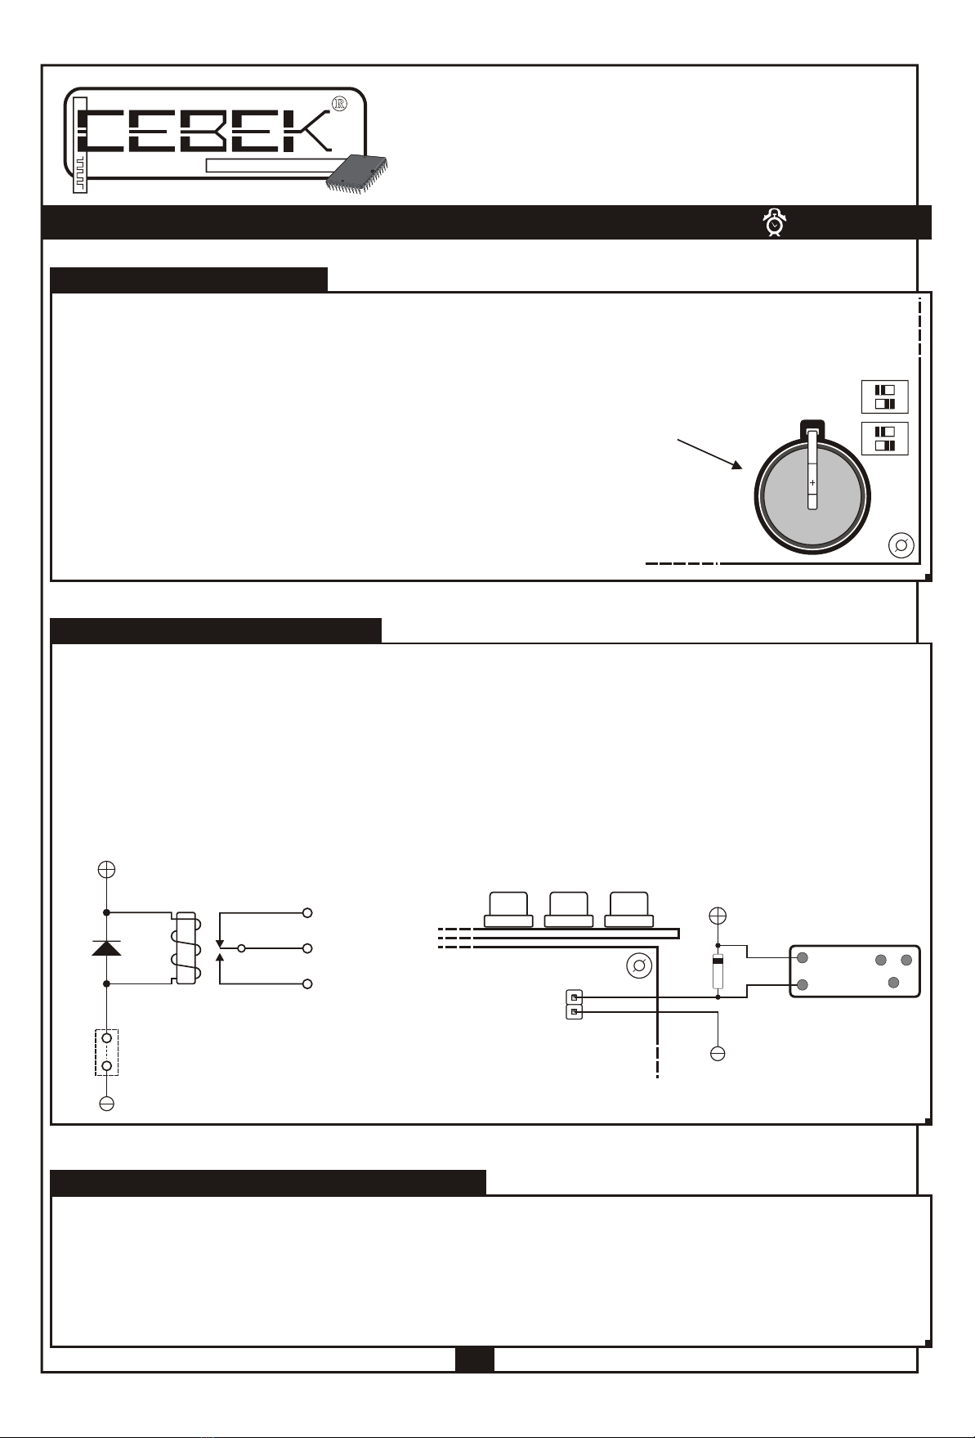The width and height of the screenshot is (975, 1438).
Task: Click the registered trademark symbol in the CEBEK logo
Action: click(341, 104)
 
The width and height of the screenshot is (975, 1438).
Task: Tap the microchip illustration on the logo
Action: click(357, 172)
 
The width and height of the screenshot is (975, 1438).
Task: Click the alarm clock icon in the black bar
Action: click(774, 222)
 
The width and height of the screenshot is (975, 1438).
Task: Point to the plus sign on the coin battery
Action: click(812, 483)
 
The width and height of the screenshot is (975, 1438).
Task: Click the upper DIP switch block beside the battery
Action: click(885, 396)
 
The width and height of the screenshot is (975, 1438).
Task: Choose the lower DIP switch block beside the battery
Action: click(885, 439)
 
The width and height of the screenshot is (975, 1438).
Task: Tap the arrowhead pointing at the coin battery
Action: click(736, 464)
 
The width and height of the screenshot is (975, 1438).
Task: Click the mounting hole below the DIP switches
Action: click(901, 546)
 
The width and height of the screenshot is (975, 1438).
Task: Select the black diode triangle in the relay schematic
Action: click(106, 948)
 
